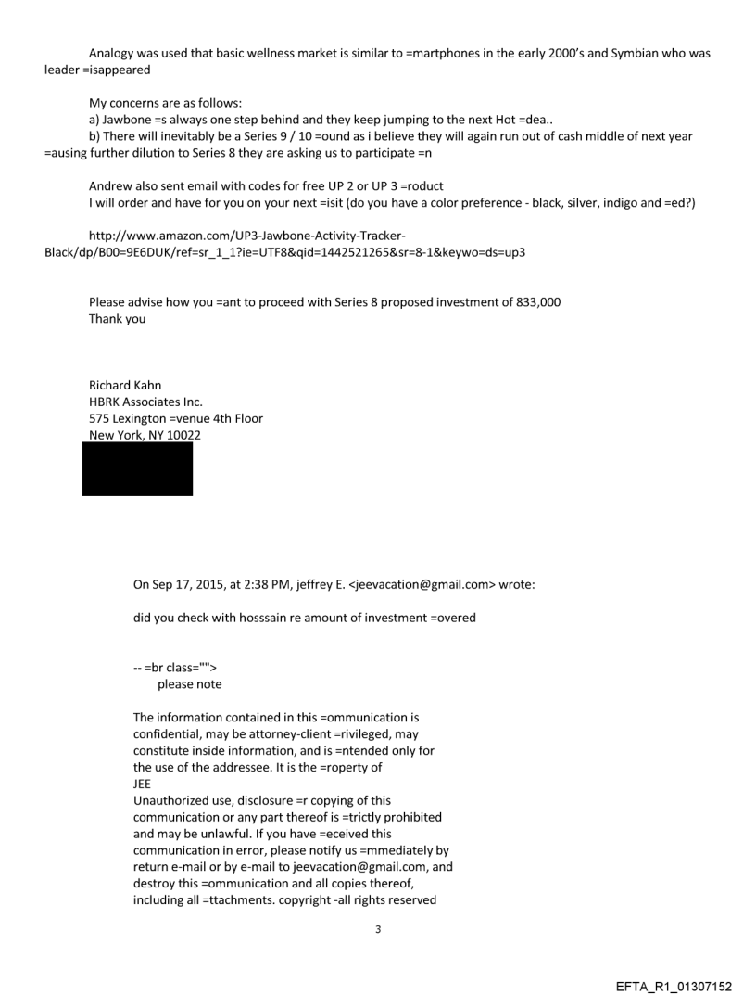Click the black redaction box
click(137, 469)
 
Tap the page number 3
click(377, 929)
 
